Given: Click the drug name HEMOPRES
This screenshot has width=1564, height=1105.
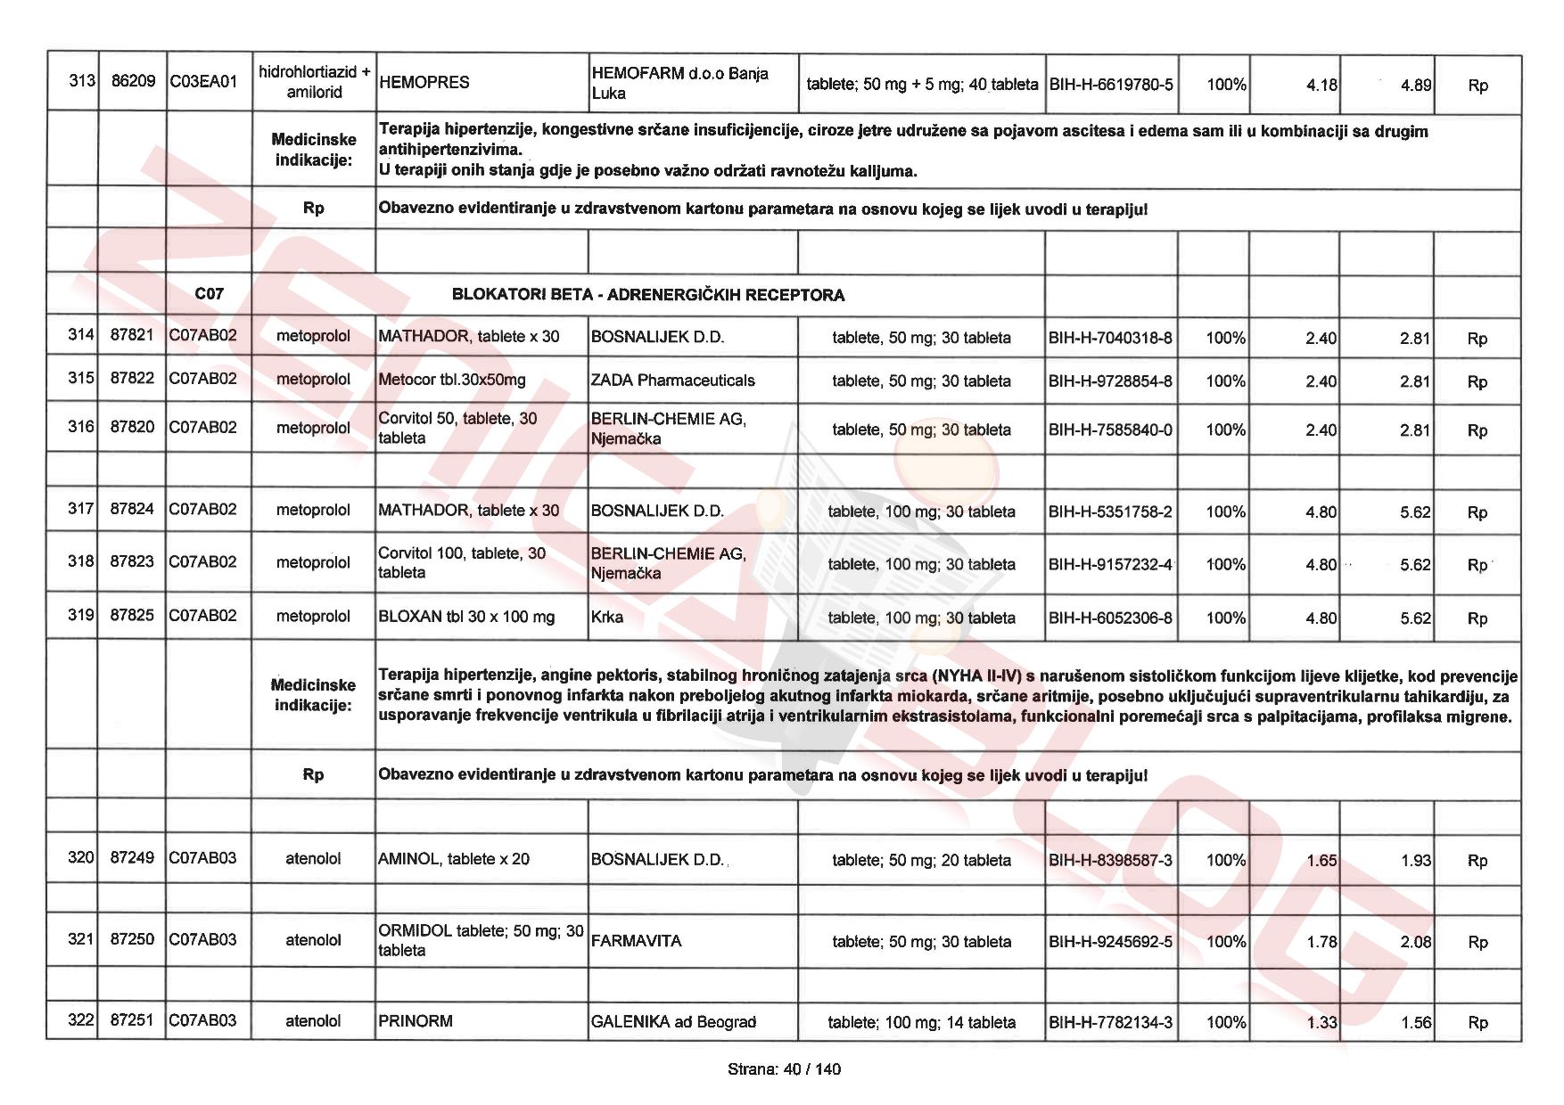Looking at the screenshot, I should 424,83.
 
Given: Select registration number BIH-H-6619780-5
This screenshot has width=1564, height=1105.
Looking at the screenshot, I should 1111,85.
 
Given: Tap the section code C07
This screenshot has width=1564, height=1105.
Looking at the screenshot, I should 209,294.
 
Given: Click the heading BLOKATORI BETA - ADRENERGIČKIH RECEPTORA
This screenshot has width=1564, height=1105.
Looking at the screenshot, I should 648,295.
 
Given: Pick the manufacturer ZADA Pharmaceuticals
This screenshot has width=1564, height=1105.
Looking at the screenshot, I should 672,381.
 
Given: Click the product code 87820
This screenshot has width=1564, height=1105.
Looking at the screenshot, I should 132,428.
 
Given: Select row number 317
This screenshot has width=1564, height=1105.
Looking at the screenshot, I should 80,510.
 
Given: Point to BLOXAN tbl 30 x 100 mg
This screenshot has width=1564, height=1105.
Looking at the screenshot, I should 466,617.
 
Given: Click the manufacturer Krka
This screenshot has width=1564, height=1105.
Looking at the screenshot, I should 607,617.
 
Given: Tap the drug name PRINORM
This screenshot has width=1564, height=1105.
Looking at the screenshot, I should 416,1021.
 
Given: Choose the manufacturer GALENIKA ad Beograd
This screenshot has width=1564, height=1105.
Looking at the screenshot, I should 673,1022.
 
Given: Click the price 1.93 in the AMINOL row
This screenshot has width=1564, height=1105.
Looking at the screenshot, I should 1415,861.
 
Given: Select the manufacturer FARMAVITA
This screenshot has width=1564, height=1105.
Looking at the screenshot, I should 636,941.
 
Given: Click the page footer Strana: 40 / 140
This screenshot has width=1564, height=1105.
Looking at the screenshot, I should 784,1069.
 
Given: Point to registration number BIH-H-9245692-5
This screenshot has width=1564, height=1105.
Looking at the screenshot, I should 1111,941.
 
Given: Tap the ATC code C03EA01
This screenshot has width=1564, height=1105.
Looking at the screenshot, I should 203,83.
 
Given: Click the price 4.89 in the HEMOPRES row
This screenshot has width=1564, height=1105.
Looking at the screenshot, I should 1416,86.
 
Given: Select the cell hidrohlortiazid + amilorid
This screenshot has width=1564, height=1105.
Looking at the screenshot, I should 314,82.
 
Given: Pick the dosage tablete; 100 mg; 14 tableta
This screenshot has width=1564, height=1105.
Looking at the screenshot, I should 921,1022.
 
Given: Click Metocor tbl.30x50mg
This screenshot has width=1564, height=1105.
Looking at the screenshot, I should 452,381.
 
